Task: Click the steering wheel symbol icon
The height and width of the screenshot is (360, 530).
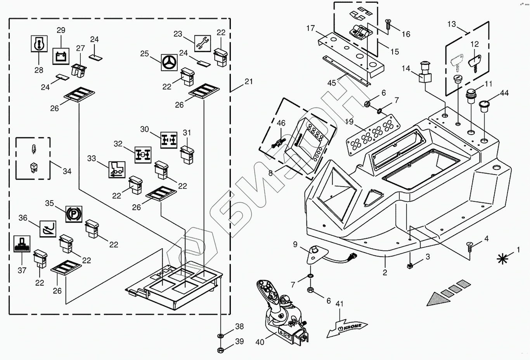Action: (169, 62)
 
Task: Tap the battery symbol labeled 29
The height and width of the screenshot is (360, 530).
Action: (61, 56)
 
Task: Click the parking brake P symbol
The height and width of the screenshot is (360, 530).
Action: (74, 214)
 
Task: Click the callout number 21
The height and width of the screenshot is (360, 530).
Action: (249, 81)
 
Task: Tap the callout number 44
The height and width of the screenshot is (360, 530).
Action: (504, 93)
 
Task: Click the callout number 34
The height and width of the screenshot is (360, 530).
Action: (67, 171)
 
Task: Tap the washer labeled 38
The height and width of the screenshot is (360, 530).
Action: (220, 335)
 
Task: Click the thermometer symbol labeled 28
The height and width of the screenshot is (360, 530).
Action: (39, 43)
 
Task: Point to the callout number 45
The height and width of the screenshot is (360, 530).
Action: (332, 83)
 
